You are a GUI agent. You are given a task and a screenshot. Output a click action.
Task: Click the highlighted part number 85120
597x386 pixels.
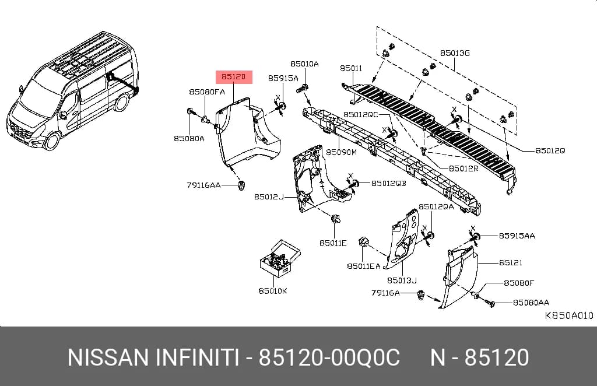234,77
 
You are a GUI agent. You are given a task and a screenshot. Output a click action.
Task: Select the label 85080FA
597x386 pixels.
207,92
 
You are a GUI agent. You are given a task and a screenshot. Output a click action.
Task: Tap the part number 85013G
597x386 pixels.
455,53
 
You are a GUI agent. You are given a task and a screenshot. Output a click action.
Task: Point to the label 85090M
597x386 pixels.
341,152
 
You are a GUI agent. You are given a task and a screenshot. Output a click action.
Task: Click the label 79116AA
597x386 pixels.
203,185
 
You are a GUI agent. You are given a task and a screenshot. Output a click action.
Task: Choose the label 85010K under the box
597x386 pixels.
273,291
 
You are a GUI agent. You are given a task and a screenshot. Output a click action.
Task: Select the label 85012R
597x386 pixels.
463,169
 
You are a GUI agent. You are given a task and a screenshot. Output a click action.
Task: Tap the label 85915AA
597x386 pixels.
517,236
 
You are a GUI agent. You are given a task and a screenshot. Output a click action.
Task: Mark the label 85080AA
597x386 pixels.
531,303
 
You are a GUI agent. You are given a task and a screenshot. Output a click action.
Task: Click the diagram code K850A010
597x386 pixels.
569,315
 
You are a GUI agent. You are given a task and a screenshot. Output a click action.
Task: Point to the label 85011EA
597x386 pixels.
364,266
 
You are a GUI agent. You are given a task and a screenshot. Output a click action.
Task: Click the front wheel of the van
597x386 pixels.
51,141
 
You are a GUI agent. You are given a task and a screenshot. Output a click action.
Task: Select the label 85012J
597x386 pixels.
269,197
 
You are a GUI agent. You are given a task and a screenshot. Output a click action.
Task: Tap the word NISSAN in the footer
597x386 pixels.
108,357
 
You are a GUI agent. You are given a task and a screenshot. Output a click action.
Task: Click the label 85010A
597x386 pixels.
304,64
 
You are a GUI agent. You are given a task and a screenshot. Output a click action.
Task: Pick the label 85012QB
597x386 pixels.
389,184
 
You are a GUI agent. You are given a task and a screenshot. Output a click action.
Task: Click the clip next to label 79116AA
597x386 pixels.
241,186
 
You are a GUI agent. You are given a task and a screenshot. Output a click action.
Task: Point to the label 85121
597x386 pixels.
511,262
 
